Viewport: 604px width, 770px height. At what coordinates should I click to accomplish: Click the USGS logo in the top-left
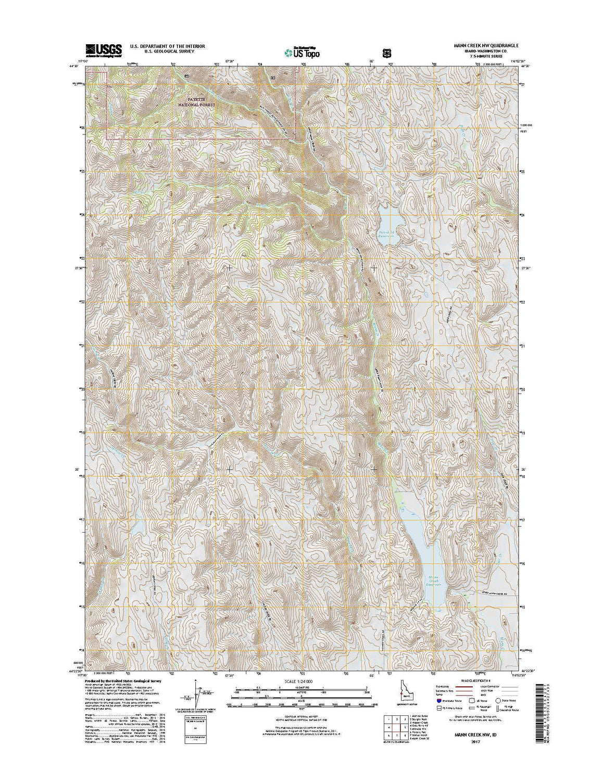104,49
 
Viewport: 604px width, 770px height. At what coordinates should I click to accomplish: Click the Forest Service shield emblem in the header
386,52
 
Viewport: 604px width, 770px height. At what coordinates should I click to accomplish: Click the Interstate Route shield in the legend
438,701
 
